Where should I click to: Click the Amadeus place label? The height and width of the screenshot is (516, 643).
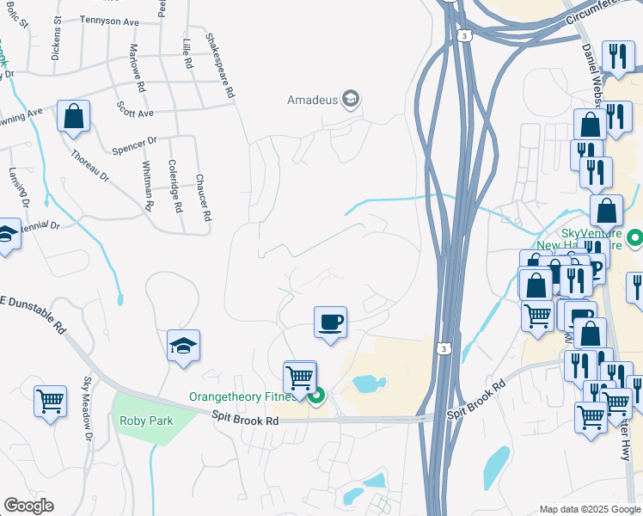click(311, 100)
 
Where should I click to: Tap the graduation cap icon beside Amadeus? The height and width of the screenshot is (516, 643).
click(350, 100)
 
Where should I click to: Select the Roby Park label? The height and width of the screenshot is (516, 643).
click(147, 421)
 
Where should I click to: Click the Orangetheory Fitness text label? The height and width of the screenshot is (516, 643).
click(243, 396)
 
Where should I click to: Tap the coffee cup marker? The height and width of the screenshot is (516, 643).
click(330, 323)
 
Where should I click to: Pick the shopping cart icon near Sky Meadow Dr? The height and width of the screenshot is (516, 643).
click(50, 400)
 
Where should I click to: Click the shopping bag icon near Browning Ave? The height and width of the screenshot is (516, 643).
click(74, 116)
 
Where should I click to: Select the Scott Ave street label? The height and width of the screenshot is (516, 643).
click(134, 113)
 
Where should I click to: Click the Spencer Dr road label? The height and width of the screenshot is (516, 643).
click(134, 145)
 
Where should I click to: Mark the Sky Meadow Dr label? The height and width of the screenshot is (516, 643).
click(87, 409)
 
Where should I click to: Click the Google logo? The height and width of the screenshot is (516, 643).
click(28, 506)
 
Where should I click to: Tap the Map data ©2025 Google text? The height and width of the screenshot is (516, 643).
click(589, 509)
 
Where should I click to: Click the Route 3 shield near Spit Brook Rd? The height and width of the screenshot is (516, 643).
click(442, 347)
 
